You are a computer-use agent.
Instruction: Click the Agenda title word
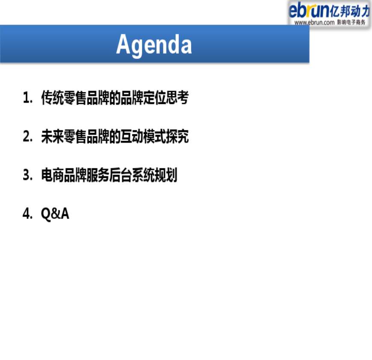(x=154, y=45)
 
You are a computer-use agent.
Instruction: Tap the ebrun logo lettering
(x=309, y=10)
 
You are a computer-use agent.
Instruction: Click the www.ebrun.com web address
(x=314, y=23)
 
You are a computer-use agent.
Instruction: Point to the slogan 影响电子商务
(x=351, y=22)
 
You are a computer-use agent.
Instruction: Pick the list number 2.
(x=27, y=136)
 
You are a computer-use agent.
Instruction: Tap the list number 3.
(x=27, y=175)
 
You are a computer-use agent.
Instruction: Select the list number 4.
(x=27, y=213)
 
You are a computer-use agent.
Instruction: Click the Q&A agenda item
(x=55, y=214)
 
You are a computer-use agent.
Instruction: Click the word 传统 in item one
(x=52, y=97)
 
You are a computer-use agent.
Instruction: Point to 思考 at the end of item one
(x=177, y=97)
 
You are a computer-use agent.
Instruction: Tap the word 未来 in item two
(x=52, y=136)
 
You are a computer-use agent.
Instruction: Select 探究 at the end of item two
(x=177, y=136)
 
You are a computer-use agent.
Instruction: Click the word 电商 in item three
(x=52, y=175)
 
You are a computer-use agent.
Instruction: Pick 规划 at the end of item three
(x=166, y=175)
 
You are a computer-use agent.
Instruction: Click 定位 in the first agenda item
(x=154, y=97)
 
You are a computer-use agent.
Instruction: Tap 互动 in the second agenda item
(x=132, y=136)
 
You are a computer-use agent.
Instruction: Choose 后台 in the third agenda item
(x=120, y=175)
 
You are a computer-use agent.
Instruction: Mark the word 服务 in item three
(x=97, y=175)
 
